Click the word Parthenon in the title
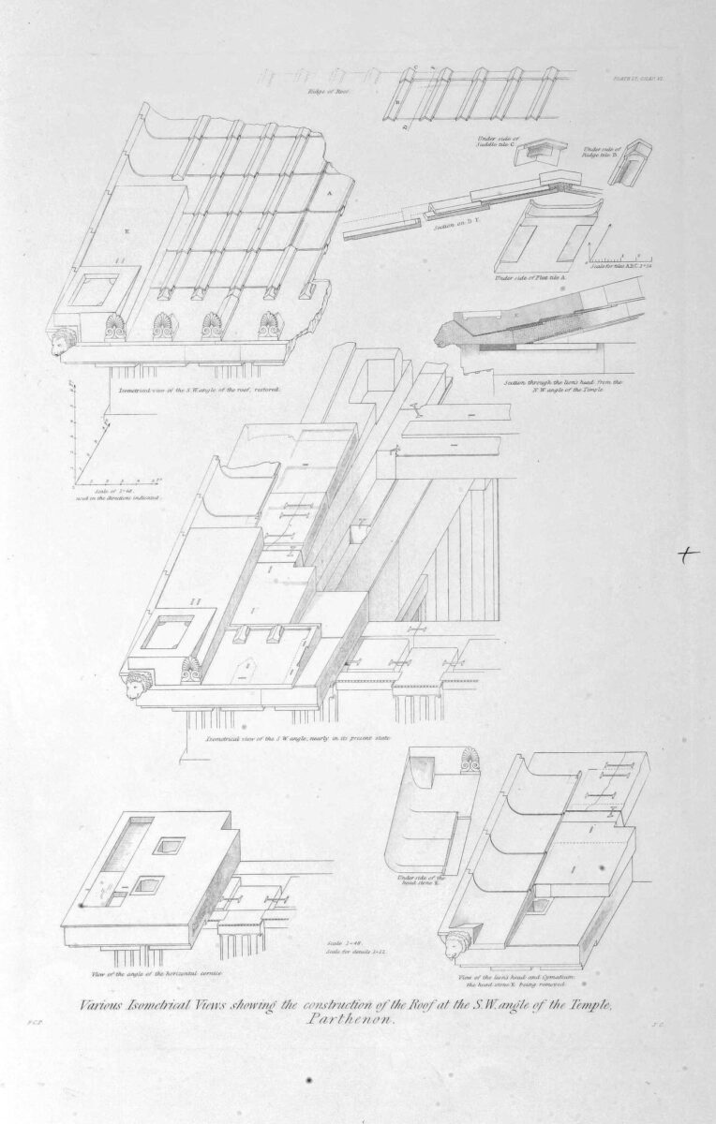[357, 1022]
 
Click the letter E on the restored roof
[123, 228]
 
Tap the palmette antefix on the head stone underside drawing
[465, 769]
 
